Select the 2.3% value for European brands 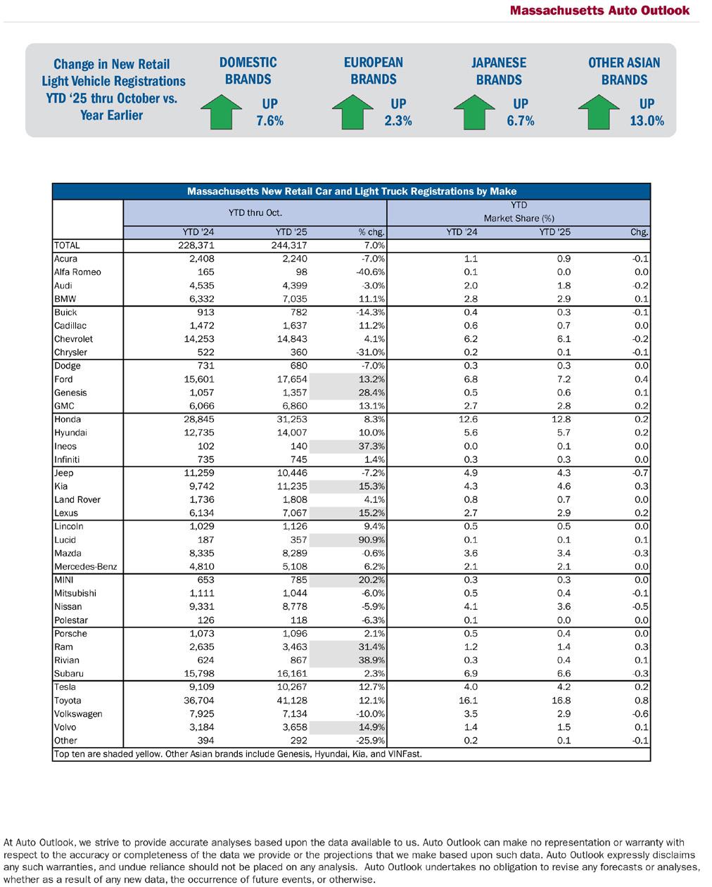pyautogui.click(x=398, y=120)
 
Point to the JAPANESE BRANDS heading pyautogui.click(x=499, y=71)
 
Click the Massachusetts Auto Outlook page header pyautogui.click(x=599, y=11)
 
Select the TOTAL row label pyautogui.click(x=67, y=245)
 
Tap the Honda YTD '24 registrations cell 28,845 pyautogui.click(x=198, y=419)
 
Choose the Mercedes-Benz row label pyautogui.click(x=85, y=567)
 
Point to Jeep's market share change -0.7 pyautogui.click(x=640, y=473)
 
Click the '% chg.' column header pyautogui.click(x=371, y=232)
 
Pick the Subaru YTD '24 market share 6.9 pyautogui.click(x=471, y=674)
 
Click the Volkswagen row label pyautogui.click(x=78, y=714)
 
